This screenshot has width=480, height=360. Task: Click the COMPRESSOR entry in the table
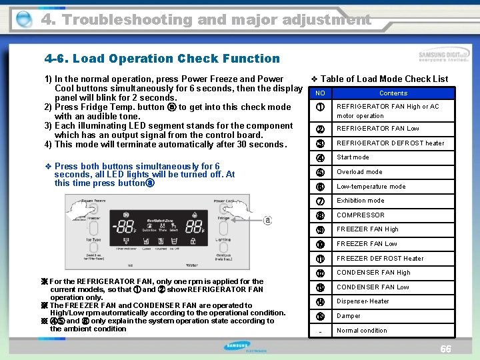pyautogui.click(x=360, y=215)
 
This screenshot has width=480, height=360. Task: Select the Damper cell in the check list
pyautogui.click(x=348, y=316)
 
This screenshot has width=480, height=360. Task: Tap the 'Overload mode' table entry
pyautogui.click(x=359, y=172)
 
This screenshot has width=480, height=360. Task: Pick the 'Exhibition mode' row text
pyautogui.click(x=360, y=201)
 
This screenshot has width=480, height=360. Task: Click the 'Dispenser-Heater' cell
pyautogui.click(x=363, y=301)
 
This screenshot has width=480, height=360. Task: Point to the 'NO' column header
pyautogui.click(x=320, y=93)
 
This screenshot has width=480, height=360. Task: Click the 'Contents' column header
pyautogui.click(x=393, y=93)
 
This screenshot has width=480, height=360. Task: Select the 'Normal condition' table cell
pyautogui.click(x=362, y=331)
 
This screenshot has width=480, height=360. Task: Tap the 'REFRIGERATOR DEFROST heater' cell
pyautogui.click(x=390, y=143)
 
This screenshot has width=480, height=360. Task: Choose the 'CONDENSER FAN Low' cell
pyautogui.click(x=373, y=287)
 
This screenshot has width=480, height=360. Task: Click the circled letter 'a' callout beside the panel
pyautogui.click(x=267, y=220)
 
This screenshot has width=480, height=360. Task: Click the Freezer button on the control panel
pyautogui.click(x=94, y=218)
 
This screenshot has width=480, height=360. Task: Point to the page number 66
pyautogui.click(x=446, y=350)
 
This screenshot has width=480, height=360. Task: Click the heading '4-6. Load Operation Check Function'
pyautogui.click(x=162, y=59)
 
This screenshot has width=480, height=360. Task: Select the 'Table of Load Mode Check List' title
pyautogui.click(x=384, y=79)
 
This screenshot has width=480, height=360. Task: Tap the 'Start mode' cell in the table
pyautogui.click(x=353, y=157)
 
